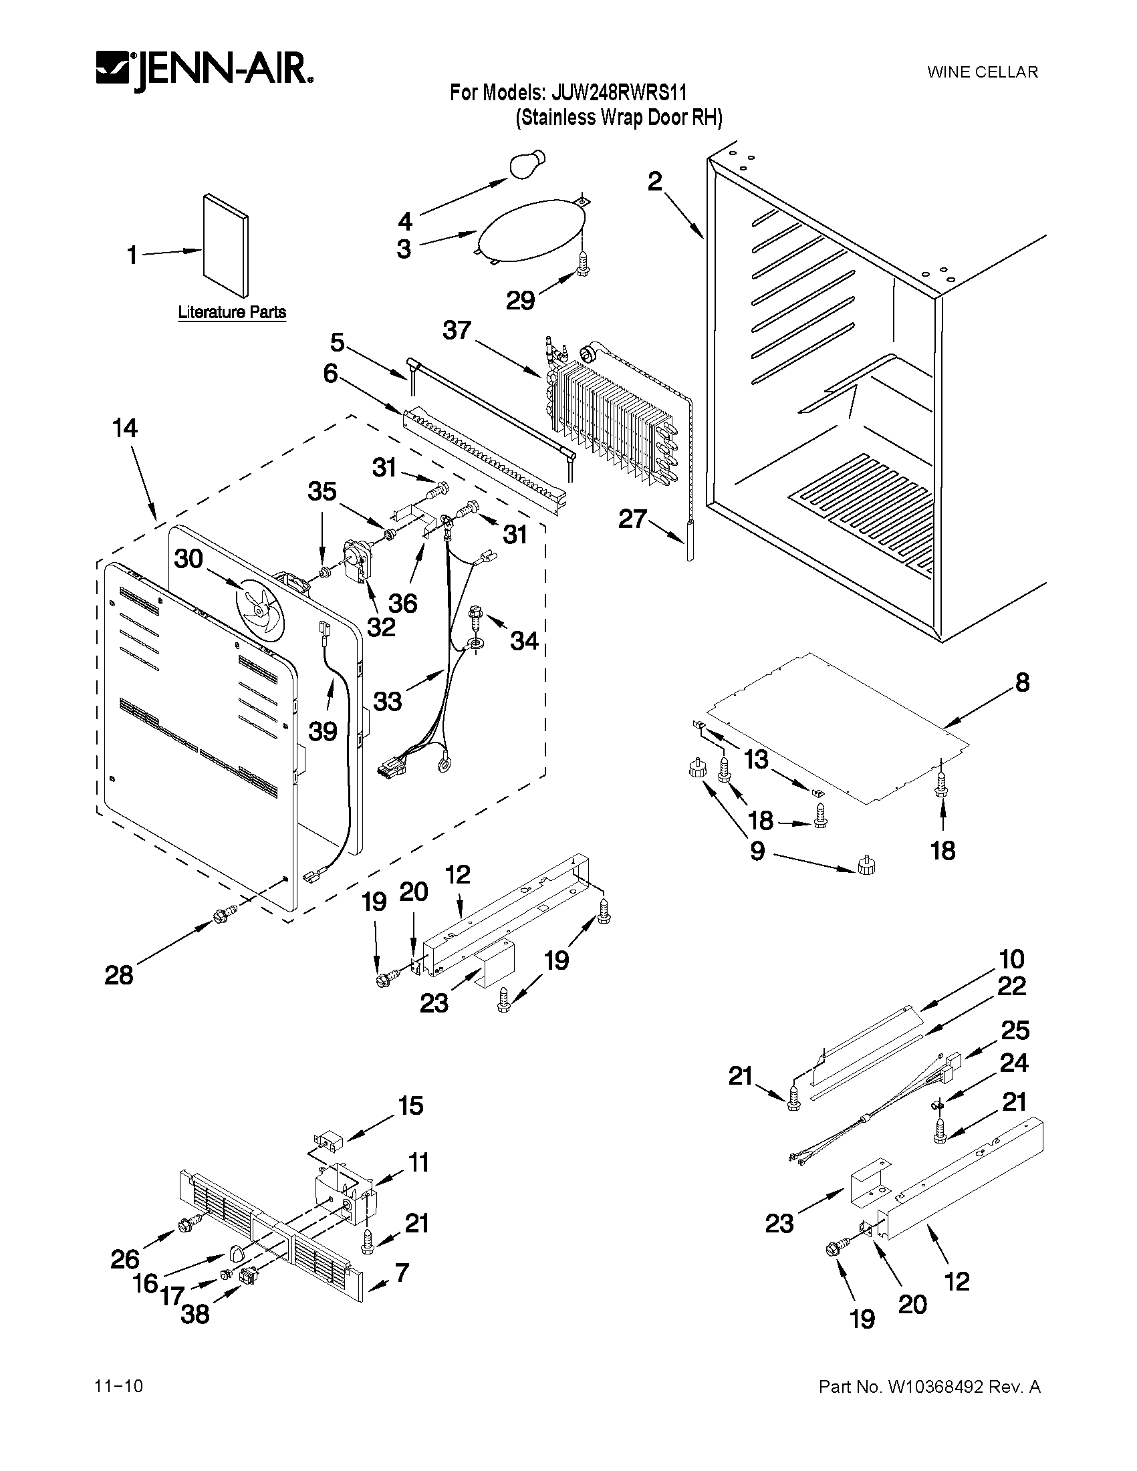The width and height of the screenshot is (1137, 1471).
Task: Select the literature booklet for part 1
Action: (x=226, y=246)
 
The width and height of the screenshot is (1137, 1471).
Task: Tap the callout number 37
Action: (x=458, y=331)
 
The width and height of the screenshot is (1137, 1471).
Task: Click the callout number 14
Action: (x=125, y=428)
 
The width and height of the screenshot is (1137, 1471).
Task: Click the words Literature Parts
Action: (x=232, y=313)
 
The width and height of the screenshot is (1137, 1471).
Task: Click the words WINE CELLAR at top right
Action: (x=982, y=72)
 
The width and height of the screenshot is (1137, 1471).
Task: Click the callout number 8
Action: (x=1023, y=683)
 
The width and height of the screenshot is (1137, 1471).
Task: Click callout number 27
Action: (x=632, y=519)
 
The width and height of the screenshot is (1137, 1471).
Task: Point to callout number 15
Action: (x=411, y=1107)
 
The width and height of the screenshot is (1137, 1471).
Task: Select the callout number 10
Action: (x=1012, y=958)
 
